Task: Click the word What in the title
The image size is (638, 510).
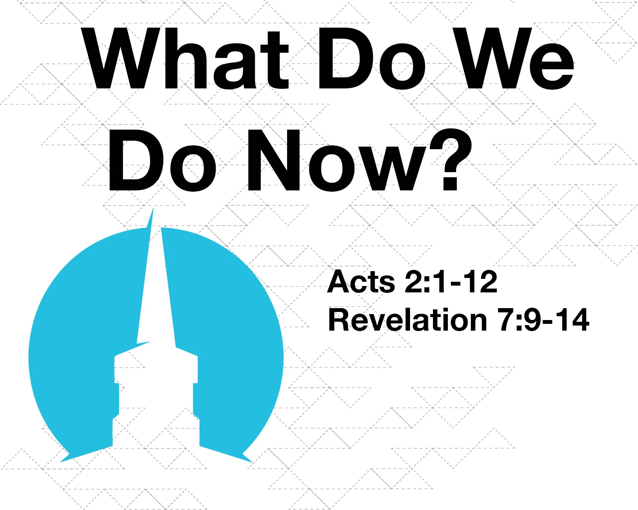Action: [187, 59]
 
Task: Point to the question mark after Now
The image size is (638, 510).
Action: [451, 160]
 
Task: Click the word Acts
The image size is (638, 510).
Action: [362, 281]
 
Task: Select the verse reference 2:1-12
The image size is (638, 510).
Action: [451, 281]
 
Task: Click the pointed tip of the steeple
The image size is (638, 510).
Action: [152, 210]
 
